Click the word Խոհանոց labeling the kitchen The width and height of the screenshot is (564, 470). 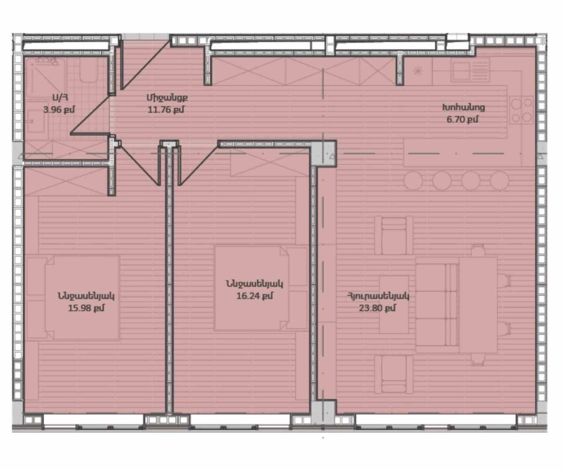[463, 108]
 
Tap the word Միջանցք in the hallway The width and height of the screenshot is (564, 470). [167, 98]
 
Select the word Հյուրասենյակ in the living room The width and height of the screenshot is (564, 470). [378, 296]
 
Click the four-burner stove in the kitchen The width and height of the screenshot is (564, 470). [521, 110]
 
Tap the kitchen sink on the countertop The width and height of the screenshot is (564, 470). [470, 70]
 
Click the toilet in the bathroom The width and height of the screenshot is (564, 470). [88, 70]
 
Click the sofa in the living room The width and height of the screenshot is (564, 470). [437, 305]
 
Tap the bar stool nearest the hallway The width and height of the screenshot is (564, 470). [413, 180]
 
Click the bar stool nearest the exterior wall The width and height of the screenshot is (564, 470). [500, 180]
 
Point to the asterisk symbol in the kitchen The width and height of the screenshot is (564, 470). [418, 71]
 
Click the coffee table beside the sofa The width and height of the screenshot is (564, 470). [394, 305]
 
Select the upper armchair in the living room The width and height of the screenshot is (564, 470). [394, 235]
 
